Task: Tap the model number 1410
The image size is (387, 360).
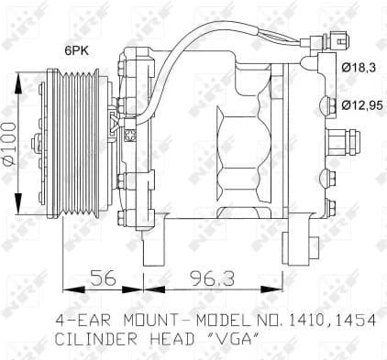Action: click(304, 321)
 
